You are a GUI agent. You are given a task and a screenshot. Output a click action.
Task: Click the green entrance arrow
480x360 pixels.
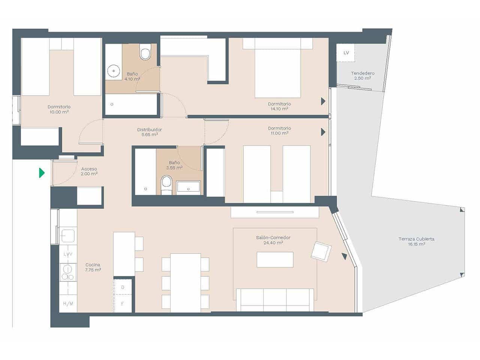click(x=42, y=173)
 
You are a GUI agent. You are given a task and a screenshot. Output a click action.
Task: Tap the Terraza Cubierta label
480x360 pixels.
click(x=416, y=241)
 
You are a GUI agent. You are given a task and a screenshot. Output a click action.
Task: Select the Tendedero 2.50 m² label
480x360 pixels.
click(x=362, y=76)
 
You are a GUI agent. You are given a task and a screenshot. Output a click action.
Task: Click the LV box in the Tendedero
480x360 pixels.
click(x=346, y=53)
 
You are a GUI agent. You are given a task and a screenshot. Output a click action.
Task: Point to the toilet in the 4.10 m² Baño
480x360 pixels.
click(x=145, y=52)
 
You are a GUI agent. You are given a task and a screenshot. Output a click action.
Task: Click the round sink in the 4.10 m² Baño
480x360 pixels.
click(x=113, y=70)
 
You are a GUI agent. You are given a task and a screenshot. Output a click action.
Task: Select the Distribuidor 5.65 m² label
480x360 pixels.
click(x=149, y=132)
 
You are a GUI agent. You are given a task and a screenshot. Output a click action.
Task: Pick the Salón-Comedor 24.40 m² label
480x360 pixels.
click(x=273, y=240)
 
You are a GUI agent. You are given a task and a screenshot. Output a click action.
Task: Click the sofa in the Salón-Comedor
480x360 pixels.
click(x=275, y=300)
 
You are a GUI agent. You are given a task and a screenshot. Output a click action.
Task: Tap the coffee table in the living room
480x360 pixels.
click(x=275, y=259)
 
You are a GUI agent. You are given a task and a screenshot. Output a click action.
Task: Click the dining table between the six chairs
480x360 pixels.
click(x=185, y=282)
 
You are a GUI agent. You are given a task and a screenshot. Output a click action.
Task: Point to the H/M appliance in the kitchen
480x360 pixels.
click(x=68, y=304)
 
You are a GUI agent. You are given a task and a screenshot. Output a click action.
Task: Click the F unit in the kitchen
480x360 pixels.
click(x=123, y=304)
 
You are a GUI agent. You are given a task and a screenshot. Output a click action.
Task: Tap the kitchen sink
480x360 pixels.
click(x=68, y=236)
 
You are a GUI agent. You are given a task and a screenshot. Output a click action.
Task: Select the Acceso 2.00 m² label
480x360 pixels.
click(x=89, y=171)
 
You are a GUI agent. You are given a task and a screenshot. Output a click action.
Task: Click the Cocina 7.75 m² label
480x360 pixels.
click(x=93, y=267)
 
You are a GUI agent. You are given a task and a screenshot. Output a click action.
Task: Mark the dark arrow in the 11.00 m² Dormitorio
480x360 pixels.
click(x=323, y=132)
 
